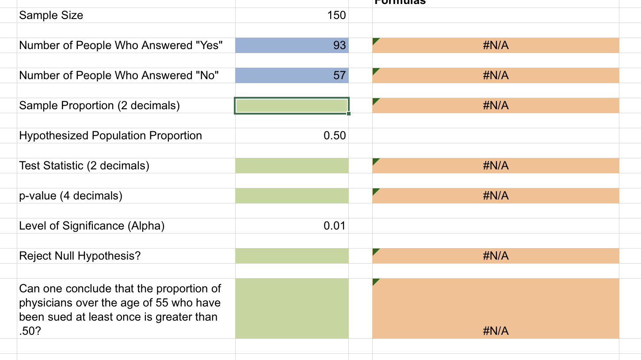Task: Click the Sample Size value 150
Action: coord(336,15)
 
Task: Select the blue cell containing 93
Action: coord(292,46)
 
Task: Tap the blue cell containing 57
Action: coord(292,76)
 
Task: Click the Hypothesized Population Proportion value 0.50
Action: coord(334,136)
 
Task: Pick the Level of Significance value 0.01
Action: coord(334,226)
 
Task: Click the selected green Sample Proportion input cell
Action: coord(292,106)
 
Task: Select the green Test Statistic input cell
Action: coord(292,166)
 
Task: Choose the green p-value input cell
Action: coord(292,196)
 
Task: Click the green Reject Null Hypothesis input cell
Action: coord(292,256)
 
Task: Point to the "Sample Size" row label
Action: coord(51,15)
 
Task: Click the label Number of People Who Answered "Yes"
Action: coord(121,46)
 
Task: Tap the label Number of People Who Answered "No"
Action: coord(119,76)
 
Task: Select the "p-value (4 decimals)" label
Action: coord(71,196)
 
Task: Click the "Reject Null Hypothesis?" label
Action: coord(80,256)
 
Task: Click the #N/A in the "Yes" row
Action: coord(496,46)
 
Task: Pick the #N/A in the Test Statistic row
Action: coord(496,166)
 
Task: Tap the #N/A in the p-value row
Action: coord(496,196)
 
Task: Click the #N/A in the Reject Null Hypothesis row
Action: coord(496,256)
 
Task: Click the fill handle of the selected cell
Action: coord(349,114)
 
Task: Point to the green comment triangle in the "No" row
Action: coord(376,70)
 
